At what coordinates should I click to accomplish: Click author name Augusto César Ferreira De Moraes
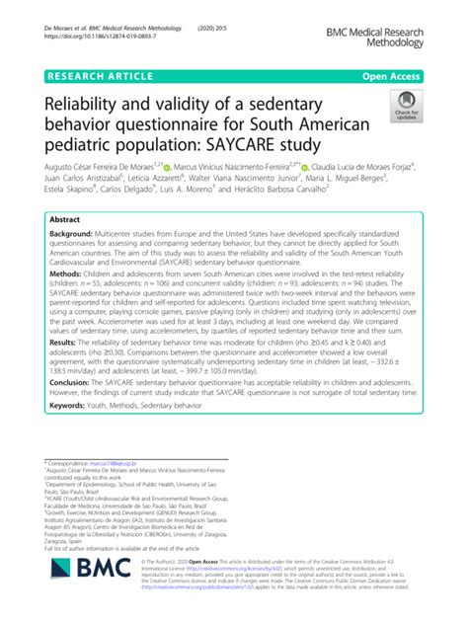coord(108,169)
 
